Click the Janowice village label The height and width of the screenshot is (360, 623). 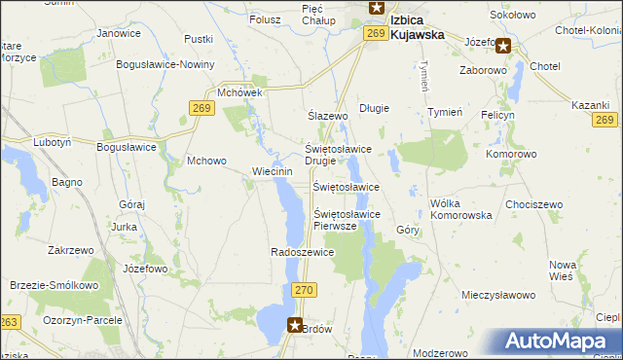coord(119,33)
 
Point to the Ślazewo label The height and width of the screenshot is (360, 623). coord(328,116)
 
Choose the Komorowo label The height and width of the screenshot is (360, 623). coord(511,154)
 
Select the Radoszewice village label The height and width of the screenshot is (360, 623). coord(303,252)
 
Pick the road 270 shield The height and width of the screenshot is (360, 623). coord(304,290)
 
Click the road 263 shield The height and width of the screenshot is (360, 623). coord(10,322)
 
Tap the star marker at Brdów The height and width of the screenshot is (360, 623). coord(296,326)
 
